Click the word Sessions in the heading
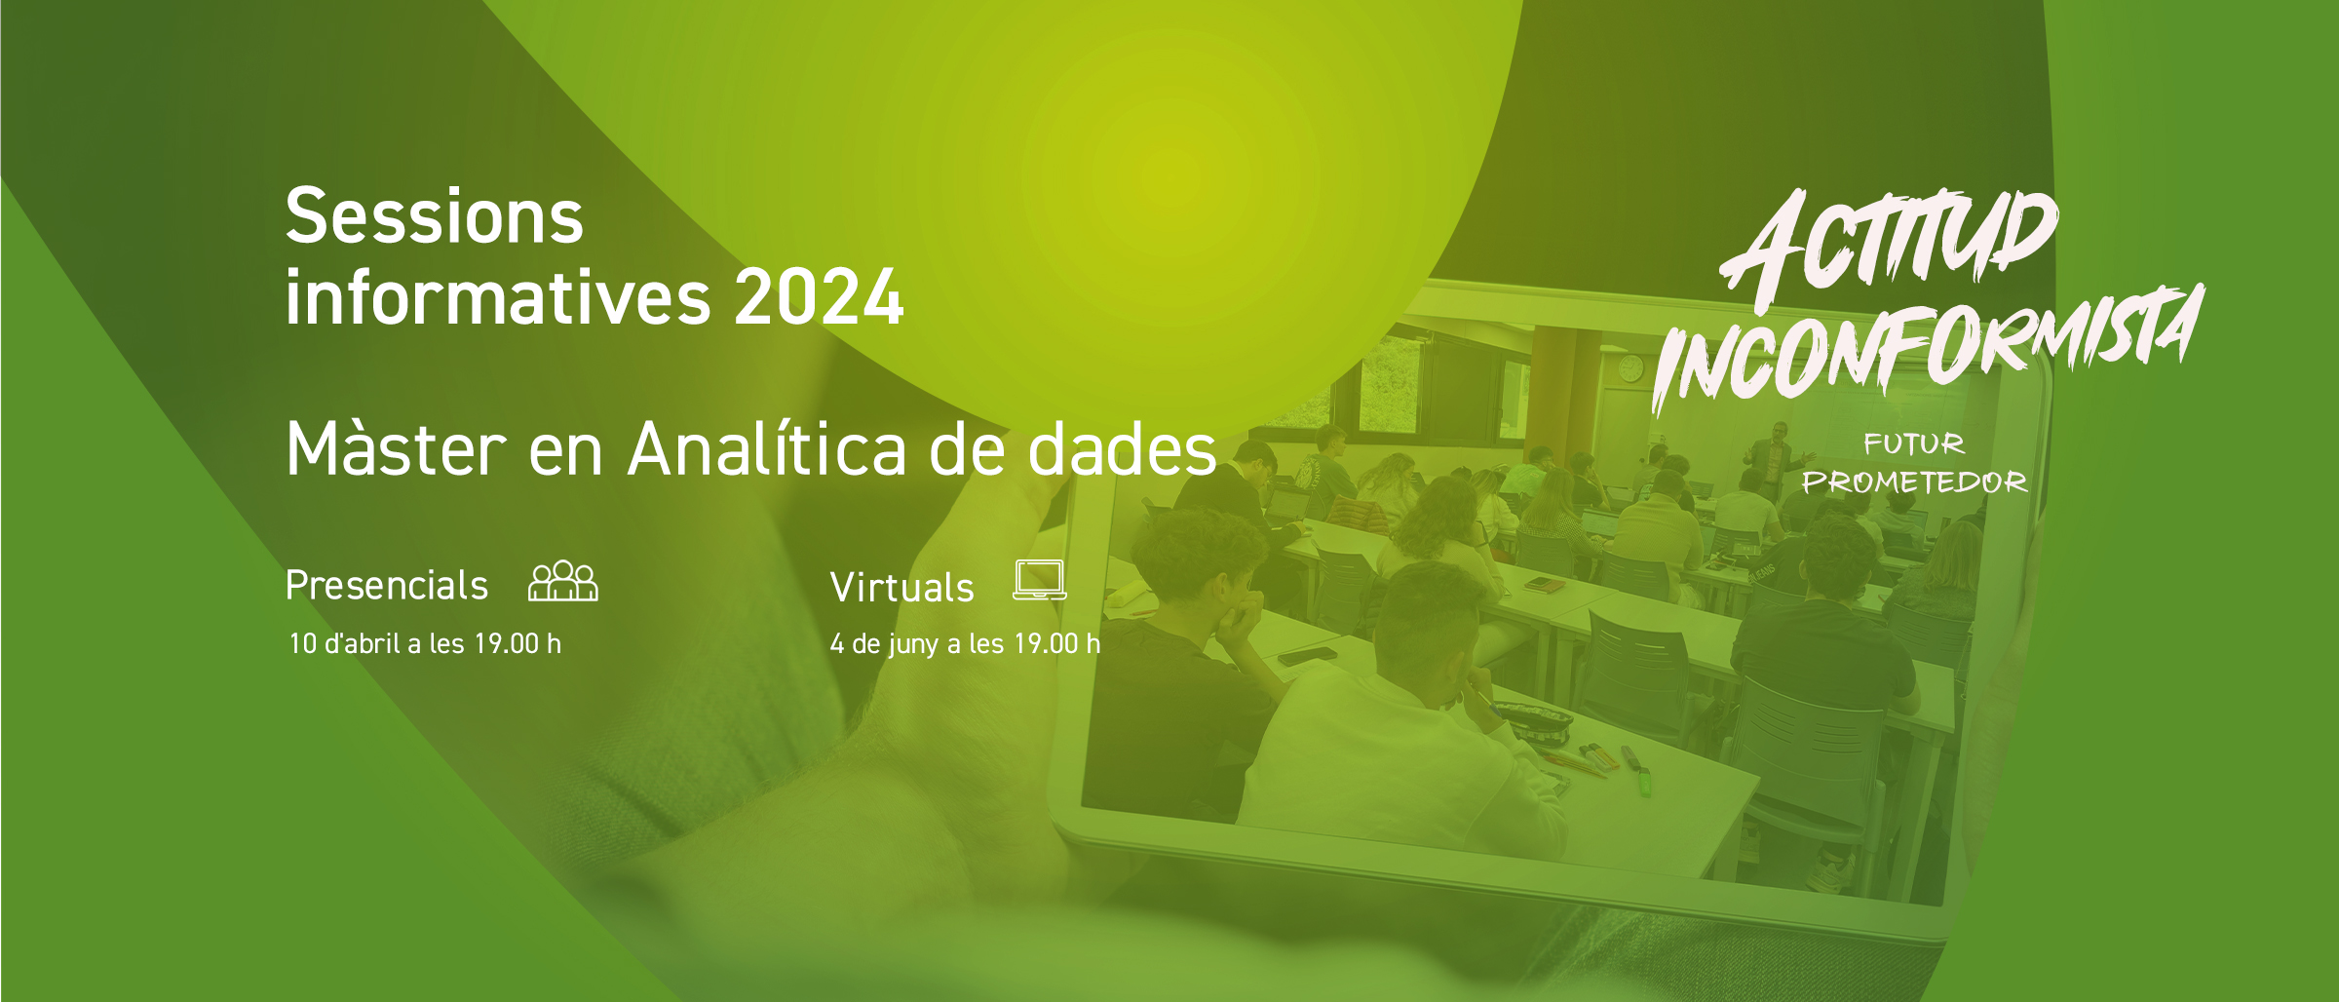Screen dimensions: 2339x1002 click(x=435, y=216)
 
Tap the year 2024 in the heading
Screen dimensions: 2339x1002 click(x=819, y=297)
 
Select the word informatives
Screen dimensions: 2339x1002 click(x=498, y=296)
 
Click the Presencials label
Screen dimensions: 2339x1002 click(x=387, y=586)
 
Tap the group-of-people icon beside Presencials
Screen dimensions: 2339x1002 click(x=563, y=581)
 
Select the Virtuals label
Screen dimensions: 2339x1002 click(x=901, y=588)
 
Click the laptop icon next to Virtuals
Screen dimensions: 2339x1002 click(x=1040, y=580)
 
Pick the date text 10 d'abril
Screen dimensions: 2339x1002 click(x=345, y=643)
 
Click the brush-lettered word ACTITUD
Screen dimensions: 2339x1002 click(x=1889, y=242)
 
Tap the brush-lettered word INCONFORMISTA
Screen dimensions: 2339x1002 click(x=1927, y=346)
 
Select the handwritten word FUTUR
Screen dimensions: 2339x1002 click(x=1914, y=444)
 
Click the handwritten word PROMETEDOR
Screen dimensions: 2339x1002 click(x=1914, y=482)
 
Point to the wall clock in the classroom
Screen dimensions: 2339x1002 click(x=1630, y=368)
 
